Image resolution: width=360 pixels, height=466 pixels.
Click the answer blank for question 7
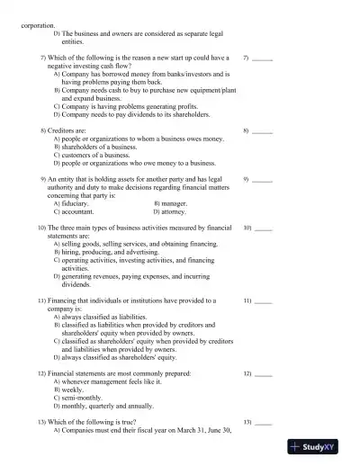[262, 58]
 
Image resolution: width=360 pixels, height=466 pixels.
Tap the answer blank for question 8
[262, 131]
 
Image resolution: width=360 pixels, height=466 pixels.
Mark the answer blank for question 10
[263, 229]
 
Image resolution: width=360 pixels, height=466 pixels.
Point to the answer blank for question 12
[263, 372]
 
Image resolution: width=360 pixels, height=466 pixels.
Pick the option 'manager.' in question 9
[174, 204]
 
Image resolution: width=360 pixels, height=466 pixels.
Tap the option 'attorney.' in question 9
[174, 212]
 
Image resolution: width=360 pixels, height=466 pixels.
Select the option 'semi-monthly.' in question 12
[84, 397]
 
